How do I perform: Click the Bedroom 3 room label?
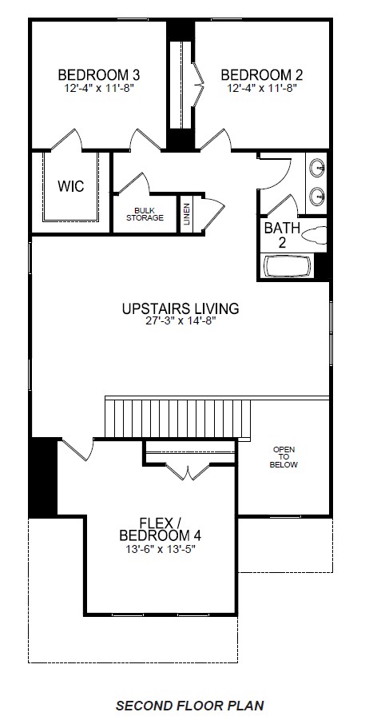click(x=99, y=75)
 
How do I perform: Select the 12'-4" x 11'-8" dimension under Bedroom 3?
click(x=99, y=89)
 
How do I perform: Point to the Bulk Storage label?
click(x=145, y=213)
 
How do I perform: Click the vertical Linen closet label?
click(x=187, y=215)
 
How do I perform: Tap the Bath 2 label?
click(x=282, y=234)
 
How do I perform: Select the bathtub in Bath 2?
click(x=288, y=265)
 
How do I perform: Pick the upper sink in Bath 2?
click(x=317, y=169)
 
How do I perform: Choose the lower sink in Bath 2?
click(x=317, y=194)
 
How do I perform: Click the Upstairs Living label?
click(x=181, y=308)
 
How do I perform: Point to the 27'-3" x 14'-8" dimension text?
click(x=181, y=322)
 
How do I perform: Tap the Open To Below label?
click(x=284, y=456)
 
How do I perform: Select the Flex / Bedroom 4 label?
click(x=165, y=528)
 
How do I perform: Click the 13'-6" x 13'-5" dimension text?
click(x=165, y=551)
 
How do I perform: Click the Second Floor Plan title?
click(x=189, y=706)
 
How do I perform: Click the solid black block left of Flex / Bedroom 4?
click(x=42, y=477)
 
